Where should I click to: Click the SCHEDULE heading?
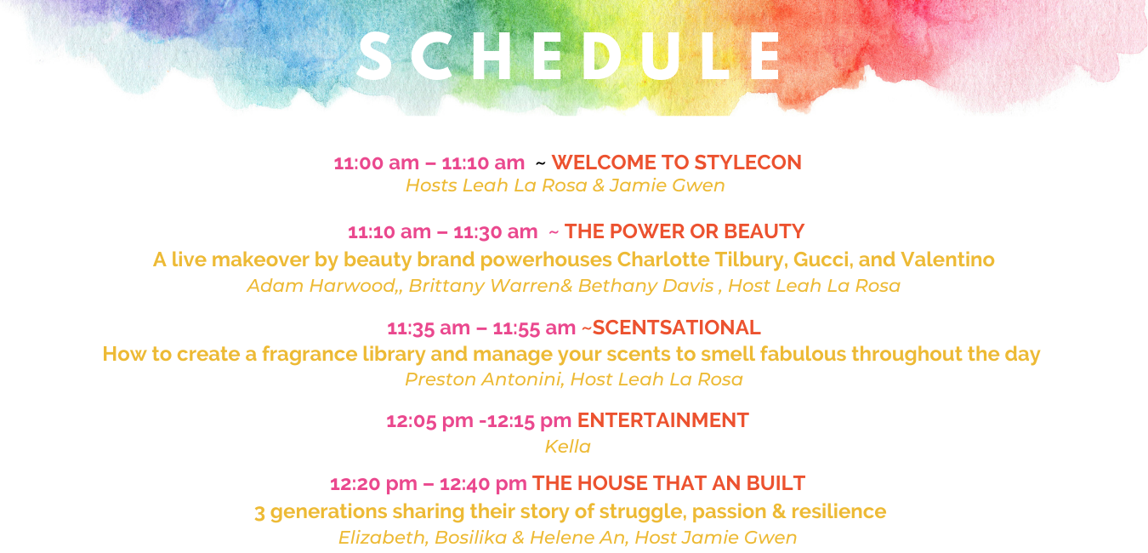(x=570, y=56)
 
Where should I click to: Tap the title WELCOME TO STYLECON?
(x=677, y=162)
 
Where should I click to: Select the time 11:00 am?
(x=377, y=163)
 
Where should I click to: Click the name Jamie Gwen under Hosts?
(x=667, y=185)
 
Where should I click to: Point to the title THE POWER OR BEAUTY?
(x=685, y=231)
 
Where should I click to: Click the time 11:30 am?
(x=496, y=231)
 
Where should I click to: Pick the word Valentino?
(x=947, y=259)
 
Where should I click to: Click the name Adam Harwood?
(x=321, y=286)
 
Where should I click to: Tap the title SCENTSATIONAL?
(x=677, y=328)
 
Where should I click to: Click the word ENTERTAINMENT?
(x=663, y=420)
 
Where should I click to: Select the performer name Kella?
(x=568, y=447)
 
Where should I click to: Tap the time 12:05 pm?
(x=429, y=421)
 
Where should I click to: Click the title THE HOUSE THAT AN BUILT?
(x=668, y=483)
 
